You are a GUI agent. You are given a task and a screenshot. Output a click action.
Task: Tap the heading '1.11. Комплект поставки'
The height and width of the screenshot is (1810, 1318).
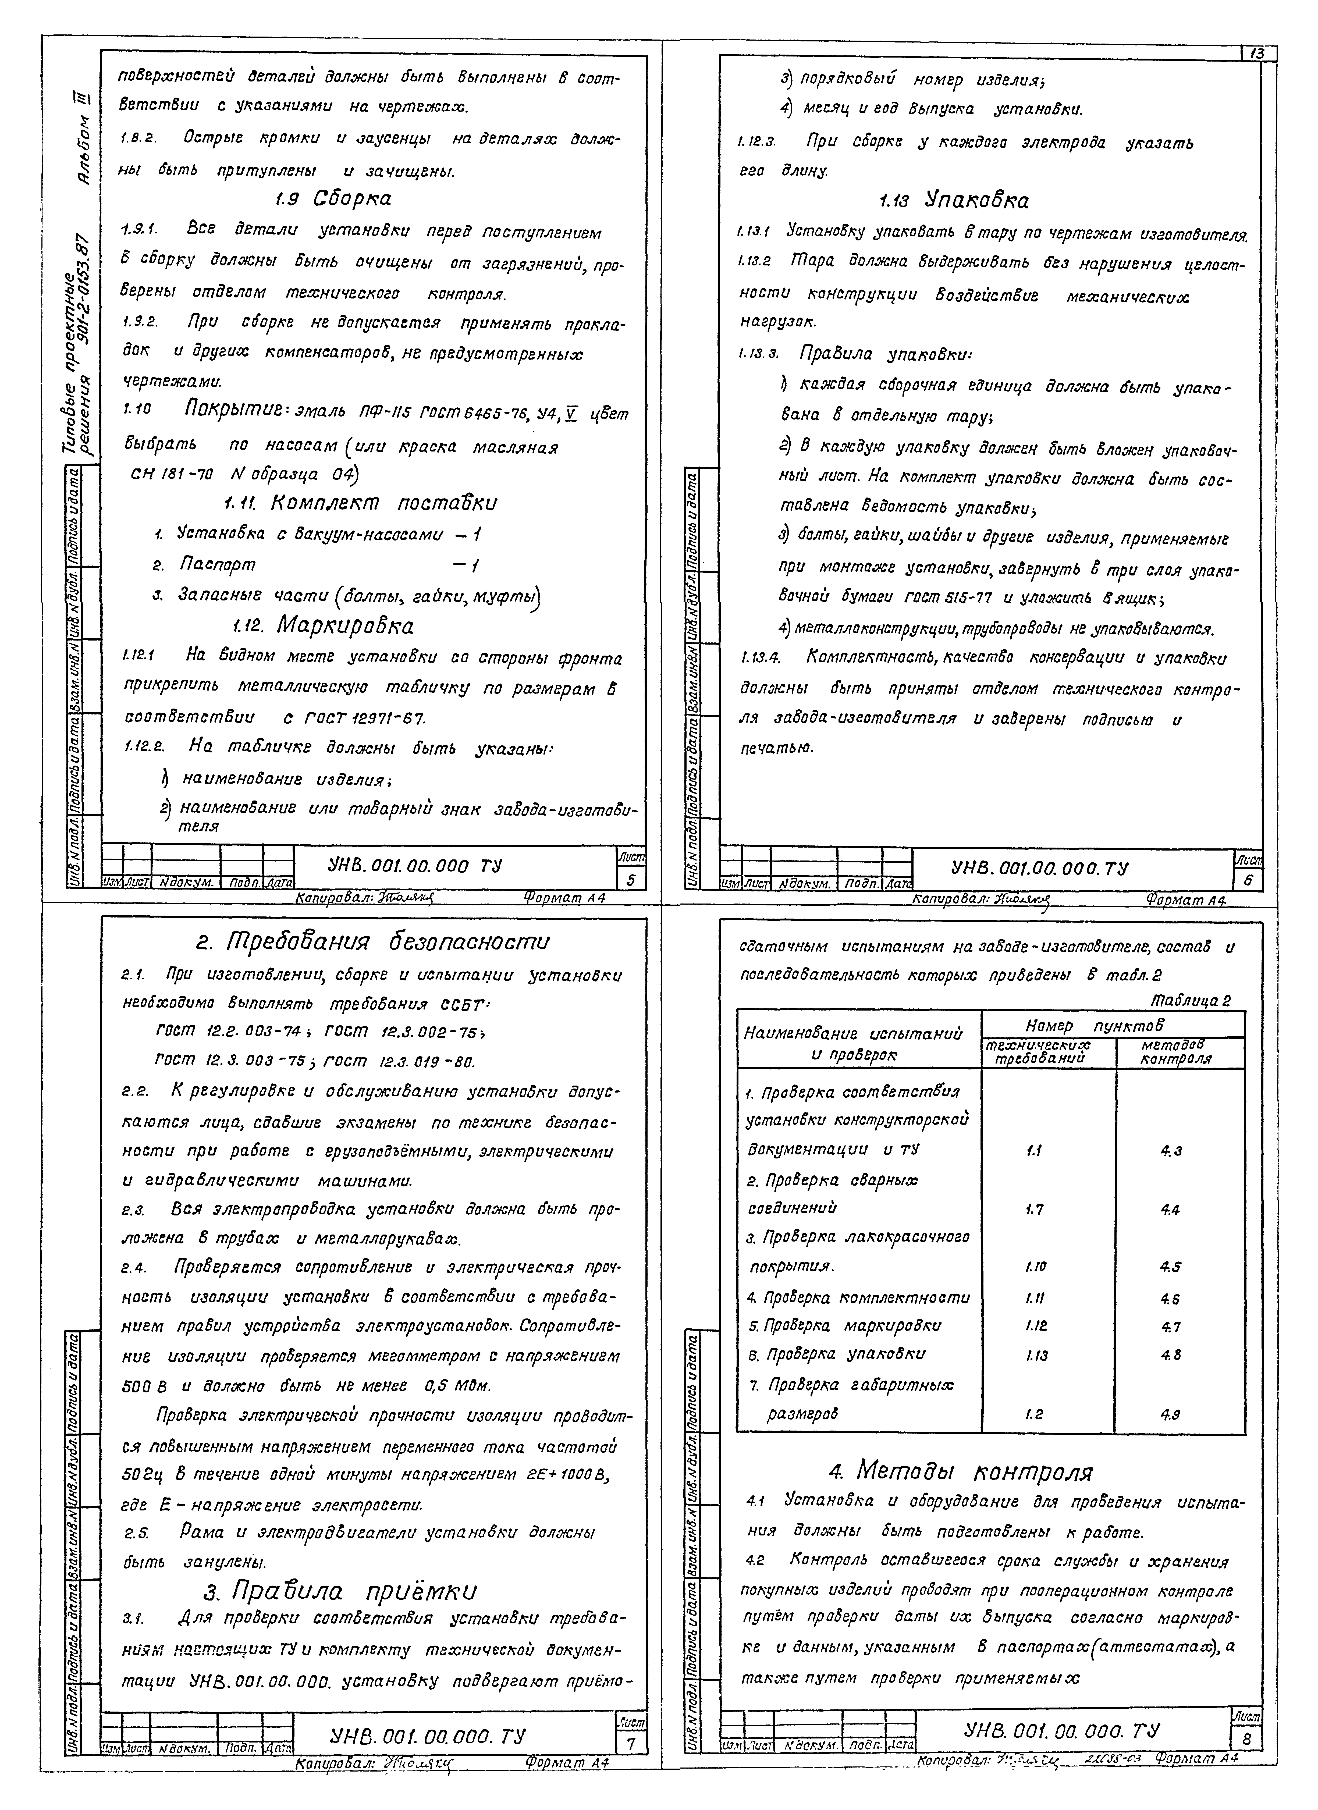click(x=359, y=504)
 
